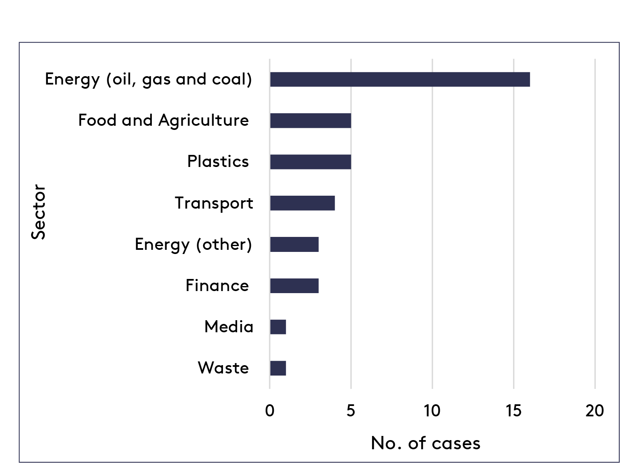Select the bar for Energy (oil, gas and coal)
coord(399,79)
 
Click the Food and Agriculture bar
coord(310,120)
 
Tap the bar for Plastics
coord(310,162)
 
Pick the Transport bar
coord(302,203)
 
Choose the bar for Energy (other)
coord(294,244)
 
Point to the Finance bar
coord(294,286)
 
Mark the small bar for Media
coord(278,327)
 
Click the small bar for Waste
coord(278,368)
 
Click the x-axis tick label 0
coord(270,411)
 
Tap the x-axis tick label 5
coord(351,411)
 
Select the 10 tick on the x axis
coord(432,411)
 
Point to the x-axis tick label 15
coord(513,411)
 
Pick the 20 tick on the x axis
coord(595,411)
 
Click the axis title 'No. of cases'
coord(425,443)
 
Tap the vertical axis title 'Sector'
coord(38,212)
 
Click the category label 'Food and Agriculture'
coord(164,120)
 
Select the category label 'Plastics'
coord(218,162)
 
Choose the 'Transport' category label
coord(214,203)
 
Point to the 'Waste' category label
coord(223,368)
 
